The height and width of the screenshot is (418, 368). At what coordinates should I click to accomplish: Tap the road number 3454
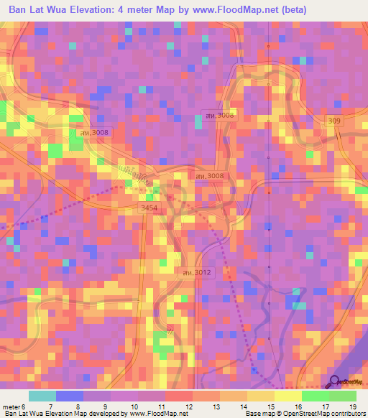149,208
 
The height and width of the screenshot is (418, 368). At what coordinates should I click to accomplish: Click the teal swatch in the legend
42,396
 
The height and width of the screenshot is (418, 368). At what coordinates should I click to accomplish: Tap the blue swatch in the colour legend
70,396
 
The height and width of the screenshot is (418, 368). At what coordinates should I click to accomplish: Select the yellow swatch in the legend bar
287,396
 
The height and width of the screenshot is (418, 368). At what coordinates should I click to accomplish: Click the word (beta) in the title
294,10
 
